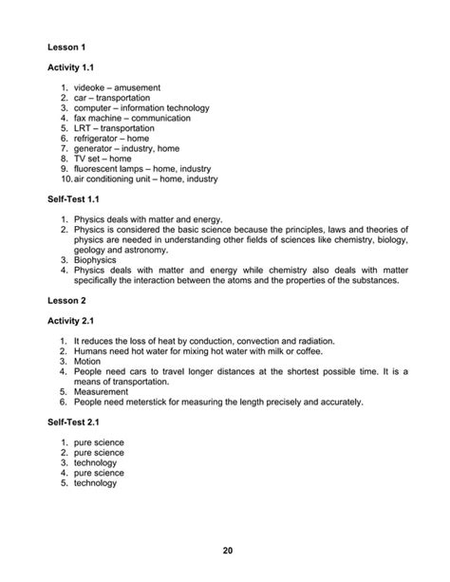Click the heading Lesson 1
click(x=68, y=46)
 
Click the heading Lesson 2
click(x=68, y=302)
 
